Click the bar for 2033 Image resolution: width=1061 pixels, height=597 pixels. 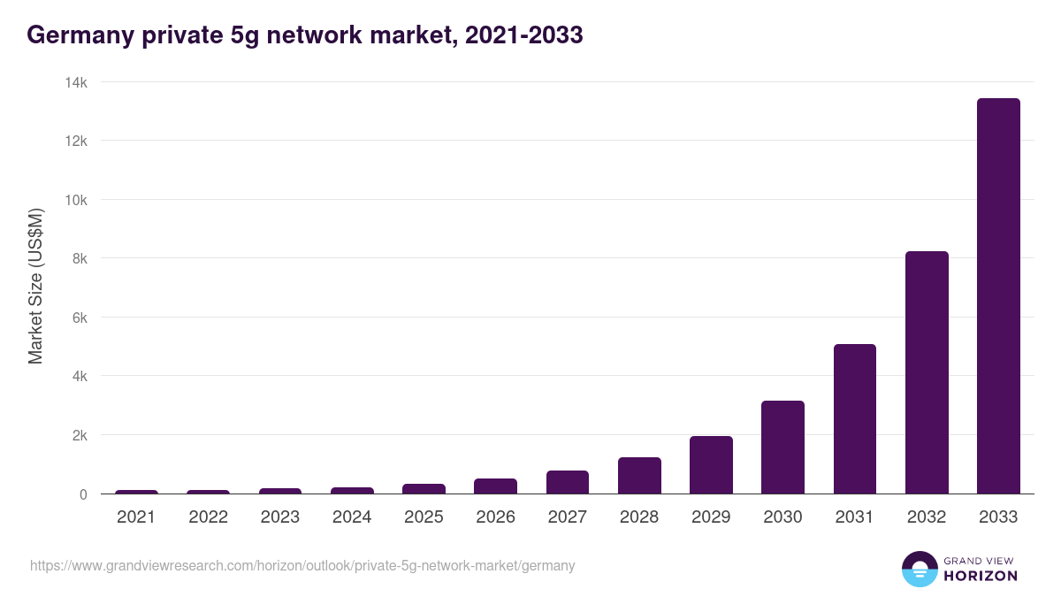tap(998, 296)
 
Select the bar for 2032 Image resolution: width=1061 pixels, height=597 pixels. tap(927, 372)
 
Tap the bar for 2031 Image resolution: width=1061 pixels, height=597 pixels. tap(854, 419)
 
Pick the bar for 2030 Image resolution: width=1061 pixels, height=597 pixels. tap(782, 448)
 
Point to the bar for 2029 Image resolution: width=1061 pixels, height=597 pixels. tap(711, 465)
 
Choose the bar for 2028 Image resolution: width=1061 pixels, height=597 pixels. tap(639, 476)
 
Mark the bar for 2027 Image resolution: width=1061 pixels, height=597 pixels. tap(567, 482)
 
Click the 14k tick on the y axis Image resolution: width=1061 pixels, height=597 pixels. tap(75, 82)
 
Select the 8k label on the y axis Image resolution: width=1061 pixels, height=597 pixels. tap(79, 258)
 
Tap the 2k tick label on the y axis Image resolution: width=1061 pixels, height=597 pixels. tap(79, 435)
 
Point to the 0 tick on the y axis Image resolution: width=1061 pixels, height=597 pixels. tap(83, 494)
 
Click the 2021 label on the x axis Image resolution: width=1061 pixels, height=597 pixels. tap(136, 517)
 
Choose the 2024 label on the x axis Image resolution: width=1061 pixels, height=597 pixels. tap(352, 517)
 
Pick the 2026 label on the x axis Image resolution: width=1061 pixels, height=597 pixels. tap(495, 517)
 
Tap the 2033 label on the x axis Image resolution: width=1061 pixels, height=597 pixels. tap(998, 517)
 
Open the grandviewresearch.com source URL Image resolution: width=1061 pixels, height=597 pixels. tap(302, 565)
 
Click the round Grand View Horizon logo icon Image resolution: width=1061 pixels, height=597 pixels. tap(920, 569)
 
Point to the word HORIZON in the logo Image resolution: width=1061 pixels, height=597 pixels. tap(980, 576)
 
